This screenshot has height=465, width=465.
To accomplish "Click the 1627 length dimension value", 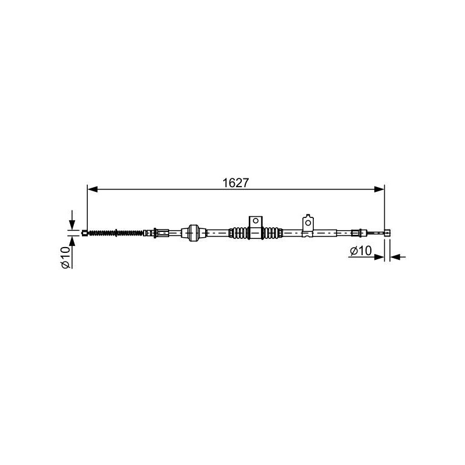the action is [235, 183].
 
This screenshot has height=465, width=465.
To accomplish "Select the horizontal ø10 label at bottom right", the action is [360, 251].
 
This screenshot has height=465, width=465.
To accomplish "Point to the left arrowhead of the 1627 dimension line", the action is [93, 189].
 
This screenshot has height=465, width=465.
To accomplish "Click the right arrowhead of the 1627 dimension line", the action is [380, 189].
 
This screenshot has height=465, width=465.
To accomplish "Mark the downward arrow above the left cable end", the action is [71, 220].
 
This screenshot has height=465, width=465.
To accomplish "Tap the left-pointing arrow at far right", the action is [398, 257].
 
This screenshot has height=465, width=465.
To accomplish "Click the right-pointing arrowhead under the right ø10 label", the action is [380, 257].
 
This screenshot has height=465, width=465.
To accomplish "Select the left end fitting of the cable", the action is [84, 233].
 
